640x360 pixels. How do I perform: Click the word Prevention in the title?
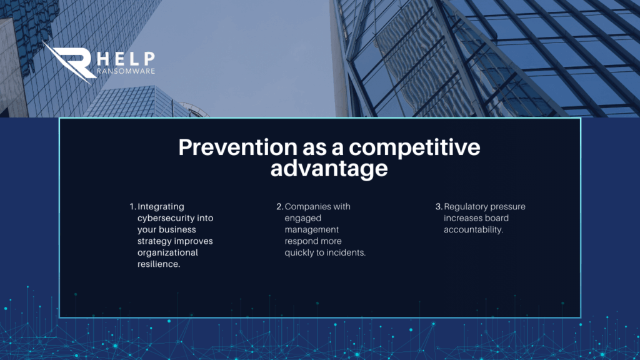pos(237,147)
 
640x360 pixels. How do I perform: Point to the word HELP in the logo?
pos(126,59)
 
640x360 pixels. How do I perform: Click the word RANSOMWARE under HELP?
pos(126,71)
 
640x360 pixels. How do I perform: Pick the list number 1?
pos(132,206)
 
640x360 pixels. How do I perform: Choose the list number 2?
pos(279,206)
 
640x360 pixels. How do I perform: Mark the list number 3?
pos(439,206)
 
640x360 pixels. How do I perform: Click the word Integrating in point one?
pos(161,207)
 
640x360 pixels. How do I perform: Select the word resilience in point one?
pos(159,264)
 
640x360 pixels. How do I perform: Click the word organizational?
pos(167,252)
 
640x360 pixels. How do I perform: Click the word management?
pos(312,230)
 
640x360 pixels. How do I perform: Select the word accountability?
pos(474,230)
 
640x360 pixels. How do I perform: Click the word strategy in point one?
pos(155,241)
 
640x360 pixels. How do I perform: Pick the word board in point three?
pos(497,218)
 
